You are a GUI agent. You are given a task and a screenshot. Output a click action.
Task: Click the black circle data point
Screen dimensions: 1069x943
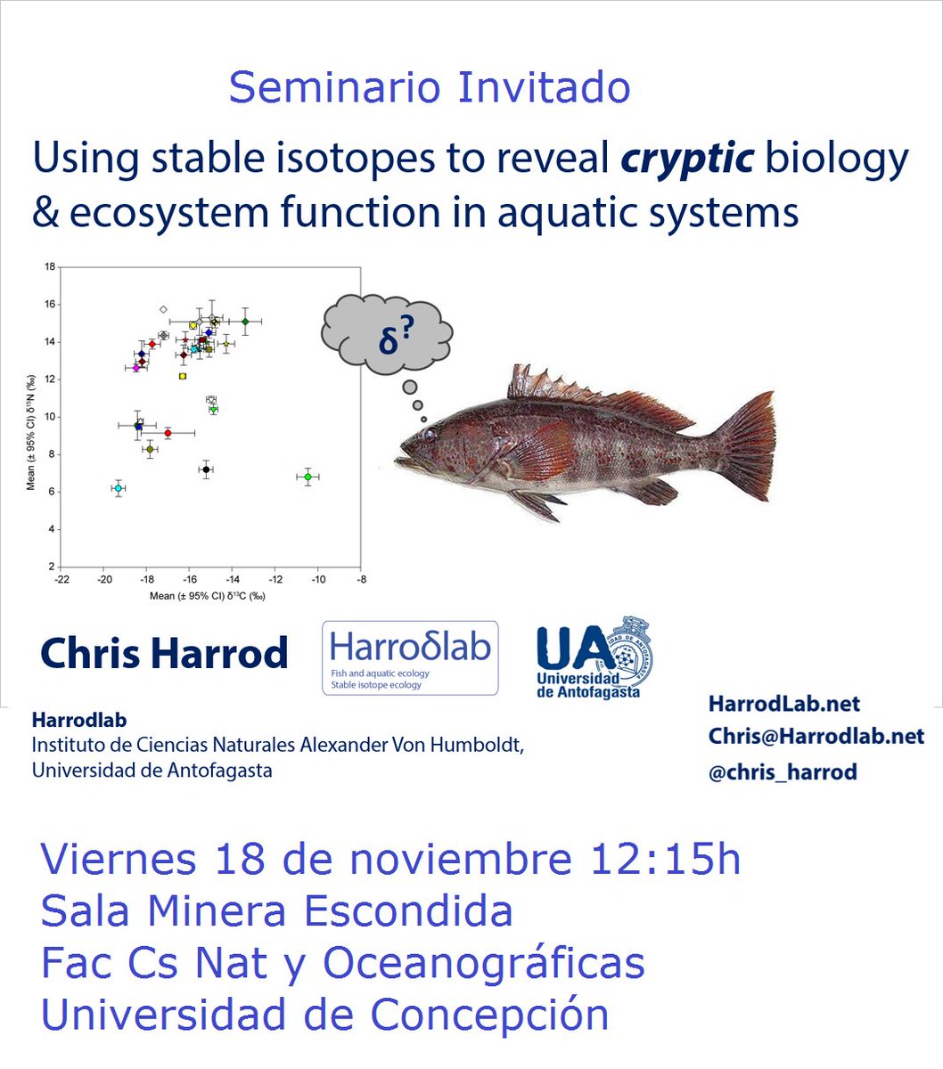click(x=206, y=469)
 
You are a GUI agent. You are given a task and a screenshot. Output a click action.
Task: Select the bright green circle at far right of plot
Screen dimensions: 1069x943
click(x=307, y=477)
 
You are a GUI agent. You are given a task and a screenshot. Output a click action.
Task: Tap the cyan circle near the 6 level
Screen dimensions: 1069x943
click(x=118, y=488)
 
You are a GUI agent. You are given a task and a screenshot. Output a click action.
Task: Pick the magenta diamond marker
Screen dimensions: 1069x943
click(x=135, y=368)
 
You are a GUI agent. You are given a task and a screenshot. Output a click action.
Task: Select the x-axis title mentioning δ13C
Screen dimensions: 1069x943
click(x=208, y=596)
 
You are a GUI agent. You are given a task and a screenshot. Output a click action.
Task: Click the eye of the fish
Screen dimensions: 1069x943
click(x=430, y=434)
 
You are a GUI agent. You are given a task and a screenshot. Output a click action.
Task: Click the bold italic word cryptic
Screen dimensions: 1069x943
click(x=687, y=159)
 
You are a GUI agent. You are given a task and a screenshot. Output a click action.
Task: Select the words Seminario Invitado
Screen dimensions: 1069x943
click(x=430, y=87)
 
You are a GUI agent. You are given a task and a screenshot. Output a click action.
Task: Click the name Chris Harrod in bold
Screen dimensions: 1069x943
click(x=164, y=653)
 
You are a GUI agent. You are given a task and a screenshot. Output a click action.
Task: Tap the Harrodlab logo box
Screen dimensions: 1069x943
click(x=410, y=657)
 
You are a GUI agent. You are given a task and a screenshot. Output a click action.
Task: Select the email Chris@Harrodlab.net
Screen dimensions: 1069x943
click(x=816, y=737)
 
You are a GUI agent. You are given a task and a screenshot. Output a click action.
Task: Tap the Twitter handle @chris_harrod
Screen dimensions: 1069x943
click(x=782, y=772)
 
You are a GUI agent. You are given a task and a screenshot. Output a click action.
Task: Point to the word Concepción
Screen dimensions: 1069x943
click(x=489, y=1015)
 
